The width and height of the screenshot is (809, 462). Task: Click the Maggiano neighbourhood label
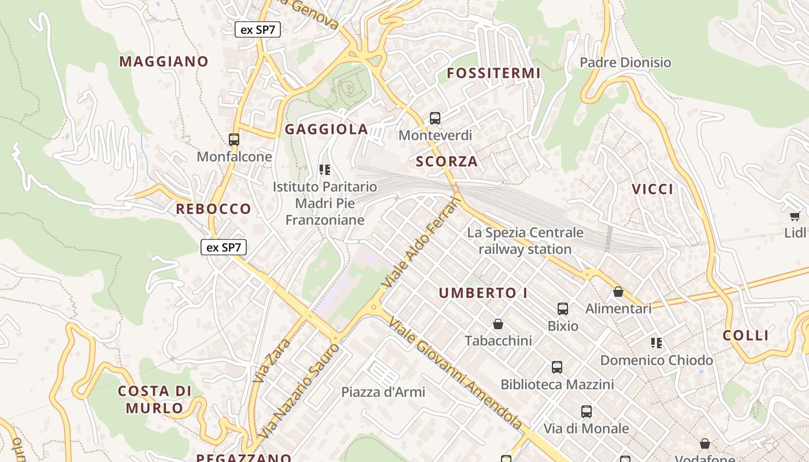coord(164,61)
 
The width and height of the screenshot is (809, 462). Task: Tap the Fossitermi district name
coord(493,73)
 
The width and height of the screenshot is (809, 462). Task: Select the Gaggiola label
coord(326,129)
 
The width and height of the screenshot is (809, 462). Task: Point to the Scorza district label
coord(447,162)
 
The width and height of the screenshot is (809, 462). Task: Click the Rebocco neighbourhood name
coord(213,209)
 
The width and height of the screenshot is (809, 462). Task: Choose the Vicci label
coord(652,189)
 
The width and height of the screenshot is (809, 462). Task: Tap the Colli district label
coord(746,336)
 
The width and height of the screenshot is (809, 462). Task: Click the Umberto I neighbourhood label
coord(483,293)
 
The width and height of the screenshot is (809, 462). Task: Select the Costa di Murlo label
coord(154,400)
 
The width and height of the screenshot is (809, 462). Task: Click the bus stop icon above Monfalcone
coord(234,140)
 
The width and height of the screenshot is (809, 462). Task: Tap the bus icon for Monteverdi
coord(435,118)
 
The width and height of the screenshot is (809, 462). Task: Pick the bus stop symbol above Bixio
coord(563,309)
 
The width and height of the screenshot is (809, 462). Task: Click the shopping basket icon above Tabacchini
coord(498,324)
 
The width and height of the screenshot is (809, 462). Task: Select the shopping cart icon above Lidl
coord(795,216)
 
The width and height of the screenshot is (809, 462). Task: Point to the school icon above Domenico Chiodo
coord(656,343)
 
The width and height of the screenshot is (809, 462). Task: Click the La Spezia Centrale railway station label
coord(525,241)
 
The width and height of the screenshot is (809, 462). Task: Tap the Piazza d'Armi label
coord(383,392)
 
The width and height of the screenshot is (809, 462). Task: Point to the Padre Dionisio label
coord(625,62)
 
